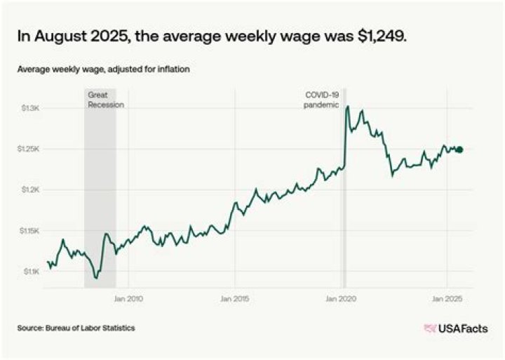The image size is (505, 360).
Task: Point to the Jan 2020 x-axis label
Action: [342, 299]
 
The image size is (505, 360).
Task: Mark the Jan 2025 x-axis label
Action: [448, 299]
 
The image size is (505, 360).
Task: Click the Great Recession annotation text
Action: [105, 99]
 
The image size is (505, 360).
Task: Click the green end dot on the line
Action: [459, 149]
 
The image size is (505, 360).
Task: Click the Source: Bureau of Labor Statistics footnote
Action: [76, 328]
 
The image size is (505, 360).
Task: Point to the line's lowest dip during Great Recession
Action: [96, 279]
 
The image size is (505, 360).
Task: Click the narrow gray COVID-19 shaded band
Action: [344, 211]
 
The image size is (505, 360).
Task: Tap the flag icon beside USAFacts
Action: [430, 328]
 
